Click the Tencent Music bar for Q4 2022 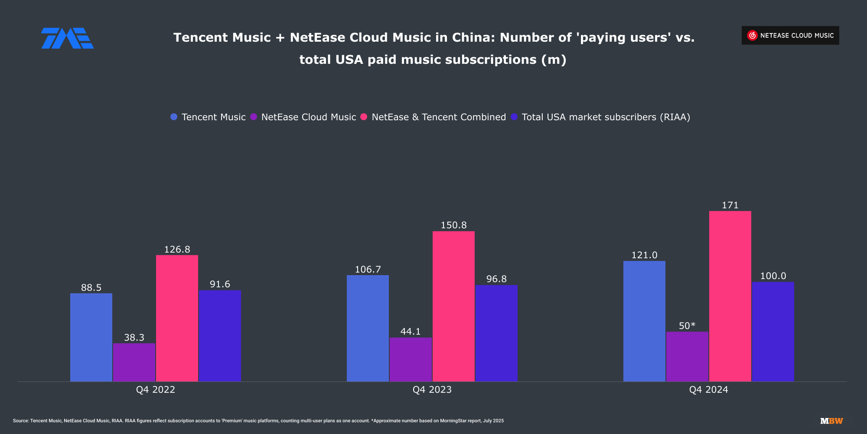pyautogui.click(x=91, y=337)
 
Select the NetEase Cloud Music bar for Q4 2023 pyautogui.click(x=411, y=359)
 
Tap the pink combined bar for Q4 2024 pyautogui.click(x=730, y=296)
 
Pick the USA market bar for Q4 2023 pyautogui.click(x=496, y=333)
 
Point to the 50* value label pyautogui.click(x=687, y=326)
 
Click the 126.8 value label pyautogui.click(x=177, y=250)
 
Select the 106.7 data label pyautogui.click(x=368, y=270)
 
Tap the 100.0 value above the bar pyautogui.click(x=773, y=276)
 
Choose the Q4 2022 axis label pyautogui.click(x=156, y=390)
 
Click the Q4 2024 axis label pyautogui.click(x=709, y=390)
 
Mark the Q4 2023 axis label pyautogui.click(x=432, y=390)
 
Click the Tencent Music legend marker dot pyautogui.click(x=174, y=117)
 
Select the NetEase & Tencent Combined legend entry pyautogui.click(x=439, y=117)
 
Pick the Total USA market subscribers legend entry pyautogui.click(x=606, y=117)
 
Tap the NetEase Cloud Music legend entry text pyautogui.click(x=309, y=117)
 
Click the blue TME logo pyautogui.click(x=67, y=38)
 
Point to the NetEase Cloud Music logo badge pyautogui.click(x=790, y=36)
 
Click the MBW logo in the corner pyautogui.click(x=831, y=421)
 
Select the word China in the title pyautogui.click(x=473, y=38)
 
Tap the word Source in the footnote pyautogui.click(x=20, y=421)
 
